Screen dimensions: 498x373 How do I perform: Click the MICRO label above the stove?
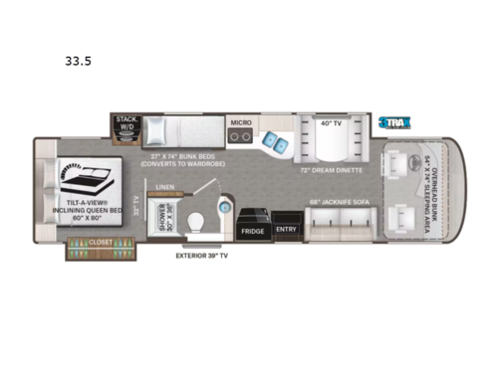point(240,123)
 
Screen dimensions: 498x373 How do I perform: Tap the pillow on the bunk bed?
point(155,131)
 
